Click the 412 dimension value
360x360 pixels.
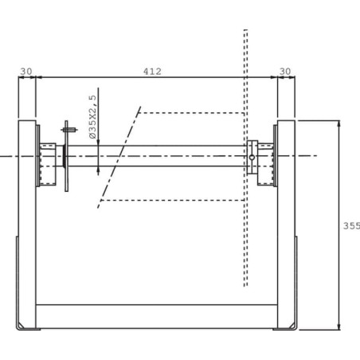click(x=152, y=72)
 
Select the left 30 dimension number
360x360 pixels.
click(x=26, y=72)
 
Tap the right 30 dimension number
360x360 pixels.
click(x=285, y=72)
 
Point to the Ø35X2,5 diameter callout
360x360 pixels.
click(x=92, y=117)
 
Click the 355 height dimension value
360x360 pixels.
click(x=352, y=225)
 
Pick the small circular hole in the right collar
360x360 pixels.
click(x=252, y=158)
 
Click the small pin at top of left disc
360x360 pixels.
click(x=69, y=130)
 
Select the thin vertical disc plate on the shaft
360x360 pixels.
click(x=66, y=156)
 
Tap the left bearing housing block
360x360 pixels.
click(x=48, y=164)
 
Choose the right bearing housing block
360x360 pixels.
click(x=265, y=164)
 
